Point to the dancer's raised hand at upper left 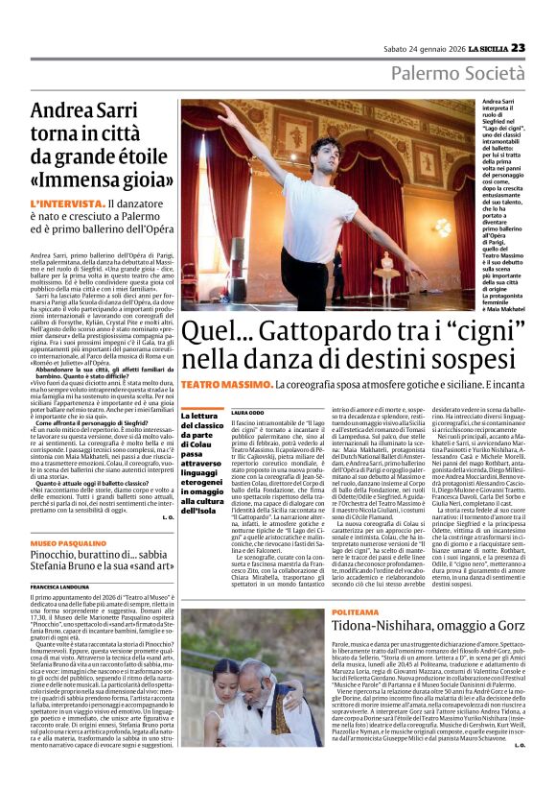(x=220, y=108)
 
